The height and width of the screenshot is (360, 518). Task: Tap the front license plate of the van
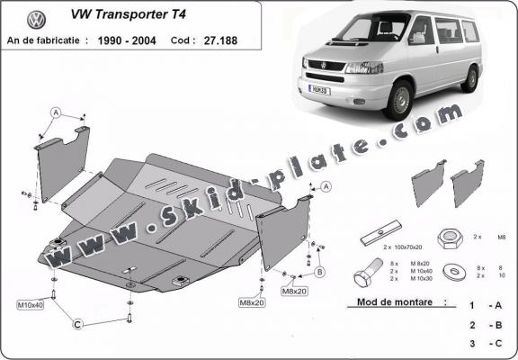click(x=321, y=90)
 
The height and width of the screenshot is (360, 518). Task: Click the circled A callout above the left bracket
click(x=55, y=112)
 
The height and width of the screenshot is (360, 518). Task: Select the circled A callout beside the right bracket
click(x=325, y=186)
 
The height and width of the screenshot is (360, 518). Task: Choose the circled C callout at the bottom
click(x=78, y=324)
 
